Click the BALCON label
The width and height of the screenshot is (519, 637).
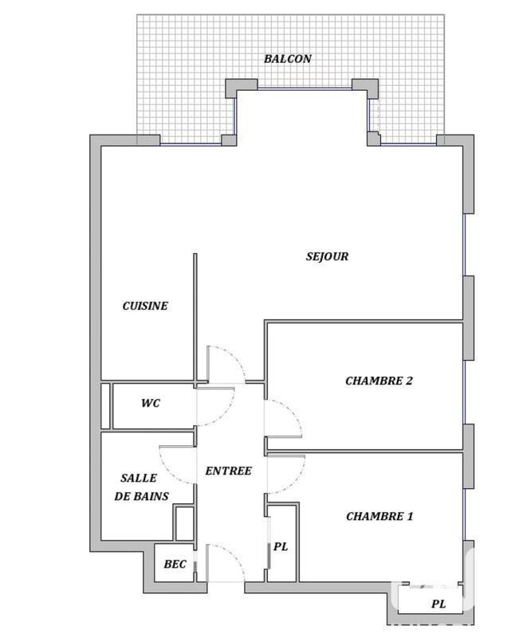(288, 59)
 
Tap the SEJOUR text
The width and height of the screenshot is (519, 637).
(327, 256)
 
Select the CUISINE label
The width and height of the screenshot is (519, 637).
(145, 306)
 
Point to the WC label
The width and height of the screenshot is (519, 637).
(150, 403)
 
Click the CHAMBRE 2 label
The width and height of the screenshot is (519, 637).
(379, 381)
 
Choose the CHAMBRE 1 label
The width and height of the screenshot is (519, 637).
(379, 516)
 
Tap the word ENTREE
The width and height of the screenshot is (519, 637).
(228, 471)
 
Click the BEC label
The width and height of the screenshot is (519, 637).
(175, 565)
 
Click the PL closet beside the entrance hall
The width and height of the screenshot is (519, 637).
(280, 548)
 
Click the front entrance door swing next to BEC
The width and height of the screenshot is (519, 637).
(225, 557)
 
